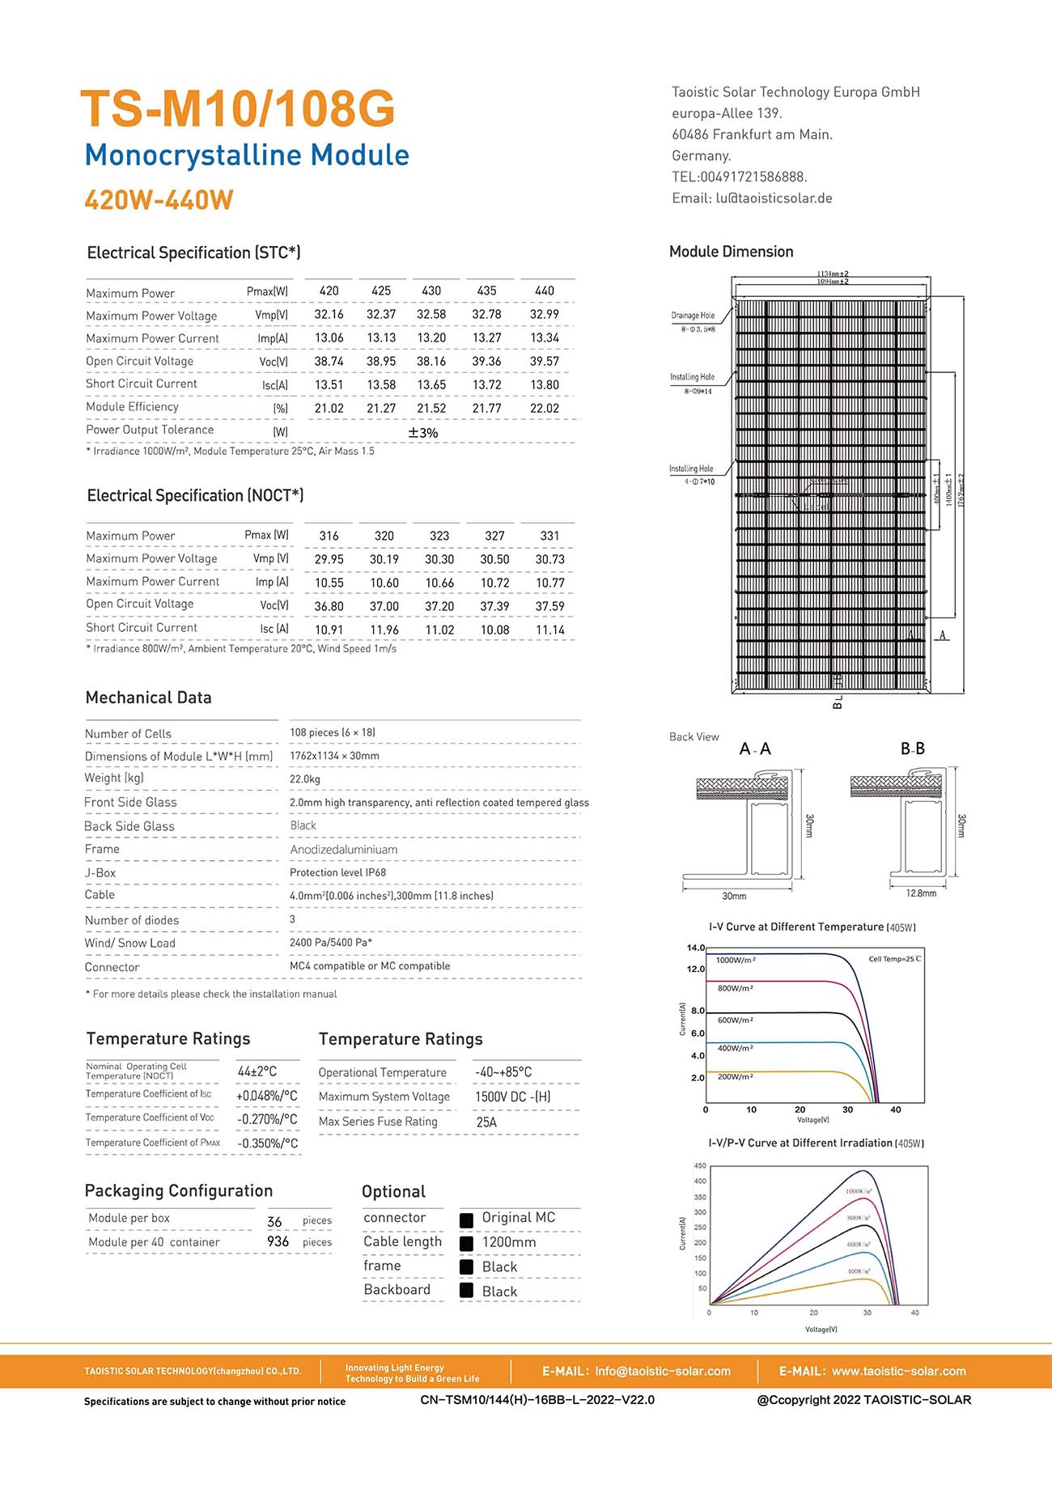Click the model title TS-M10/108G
(x=238, y=108)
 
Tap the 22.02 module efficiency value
(x=545, y=409)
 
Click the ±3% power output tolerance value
(x=423, y=433)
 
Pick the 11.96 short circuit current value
(x=384, y=630)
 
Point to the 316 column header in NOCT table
(x=329, y=536)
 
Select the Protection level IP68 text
(x=337, y=872)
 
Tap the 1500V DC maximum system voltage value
(x=512, y=1097)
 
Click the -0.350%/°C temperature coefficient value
(x=268, y=1143)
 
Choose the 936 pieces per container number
(x=278, y=1241)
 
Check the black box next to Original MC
(x=466, y=1220)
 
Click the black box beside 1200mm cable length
(x=466, y=1243)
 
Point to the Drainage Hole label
(x=693, y=316)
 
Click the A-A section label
(x=755, y=749)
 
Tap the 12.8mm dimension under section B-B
(x=921, y=893)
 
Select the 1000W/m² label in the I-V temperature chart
(x=736, y=961)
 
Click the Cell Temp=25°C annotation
(x=894, y=959)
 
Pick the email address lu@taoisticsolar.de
(x=774, y=198)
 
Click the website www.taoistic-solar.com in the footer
(x=898, y=1371)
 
